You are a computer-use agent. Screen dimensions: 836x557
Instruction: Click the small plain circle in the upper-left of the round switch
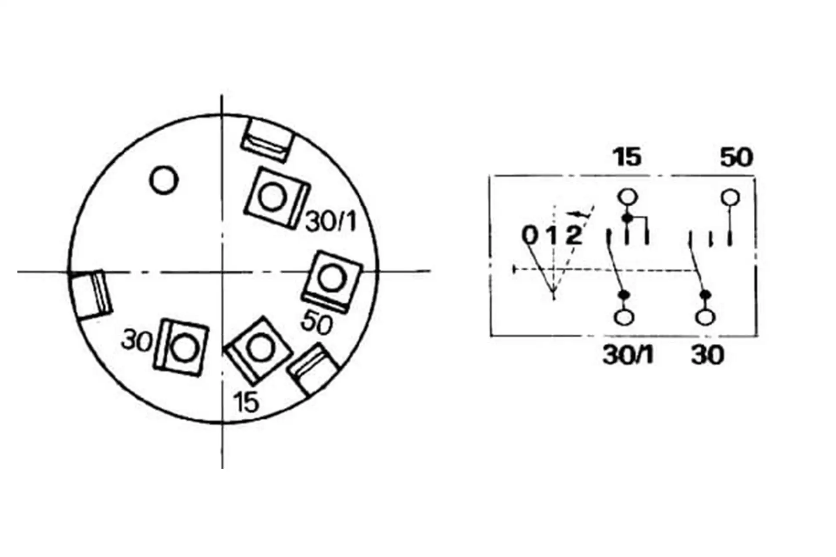(x=163, y=180)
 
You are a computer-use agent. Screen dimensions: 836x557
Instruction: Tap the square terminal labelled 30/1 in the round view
(x=276, y=197)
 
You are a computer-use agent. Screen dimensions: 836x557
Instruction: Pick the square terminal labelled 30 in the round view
(x=181, y=347)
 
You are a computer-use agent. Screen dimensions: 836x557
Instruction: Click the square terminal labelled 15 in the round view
(x=258, y=348)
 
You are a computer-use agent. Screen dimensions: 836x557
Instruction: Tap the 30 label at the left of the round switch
(x=136, y=341)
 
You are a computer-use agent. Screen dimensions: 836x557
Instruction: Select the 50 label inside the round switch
(x=317, y=323)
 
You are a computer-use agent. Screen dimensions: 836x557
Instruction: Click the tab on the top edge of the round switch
(x=267, y=140)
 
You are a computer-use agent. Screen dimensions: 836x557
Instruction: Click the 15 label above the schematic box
(x=627, y=157)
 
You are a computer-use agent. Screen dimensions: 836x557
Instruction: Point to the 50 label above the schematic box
(x=736, y=157)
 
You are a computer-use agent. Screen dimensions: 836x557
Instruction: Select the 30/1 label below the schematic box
(x=628, y=355)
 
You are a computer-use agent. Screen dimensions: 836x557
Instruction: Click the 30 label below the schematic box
(x=707, y=355)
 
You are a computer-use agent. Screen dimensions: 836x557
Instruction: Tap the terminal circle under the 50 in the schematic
(x=730, y=197)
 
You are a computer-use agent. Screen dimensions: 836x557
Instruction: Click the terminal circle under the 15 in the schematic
(x=627, y=197)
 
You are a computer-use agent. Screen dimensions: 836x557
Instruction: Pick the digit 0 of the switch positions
(x=530, y=235)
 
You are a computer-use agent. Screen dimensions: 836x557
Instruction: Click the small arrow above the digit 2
(x=575, y=214)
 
